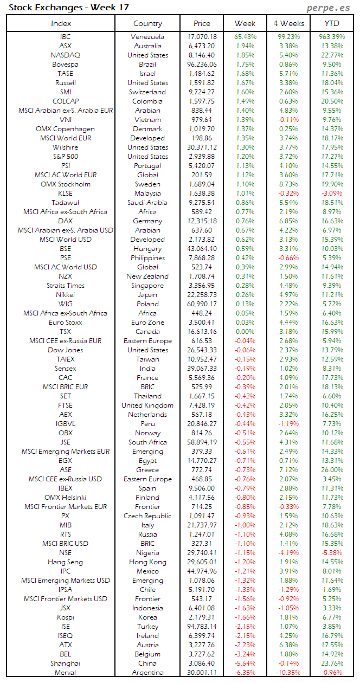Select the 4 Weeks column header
tap(288, 23)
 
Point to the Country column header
tap(147, 23)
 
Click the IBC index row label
tap(65, 37)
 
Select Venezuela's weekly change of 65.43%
tap(245, 37)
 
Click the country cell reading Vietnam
tap(147, 120)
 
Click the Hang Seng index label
tap(65, 562)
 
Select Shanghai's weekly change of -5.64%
tap(245, 663)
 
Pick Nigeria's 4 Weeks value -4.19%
tap(288, 553)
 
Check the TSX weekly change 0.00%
tap(245, 332)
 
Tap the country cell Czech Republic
tap(147, 516)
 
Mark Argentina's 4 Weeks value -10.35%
tap(288, 673)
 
